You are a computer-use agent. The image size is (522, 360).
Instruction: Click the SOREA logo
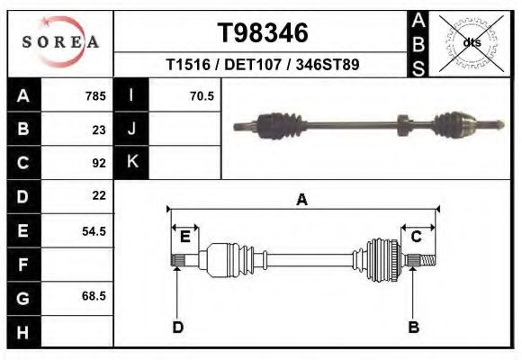pos(59,42)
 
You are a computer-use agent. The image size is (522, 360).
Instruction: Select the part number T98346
pos(263,33)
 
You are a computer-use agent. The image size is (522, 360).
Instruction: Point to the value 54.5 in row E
pos(94,231)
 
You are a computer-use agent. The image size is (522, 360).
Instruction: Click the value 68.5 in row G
pos(94,296)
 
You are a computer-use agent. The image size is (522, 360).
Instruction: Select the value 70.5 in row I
pos(202,96)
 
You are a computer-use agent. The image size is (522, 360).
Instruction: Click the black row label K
pos(132,163)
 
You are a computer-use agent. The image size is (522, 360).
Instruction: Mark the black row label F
pos(22,265)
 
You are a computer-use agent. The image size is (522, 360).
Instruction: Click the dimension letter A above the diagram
pos(302,200)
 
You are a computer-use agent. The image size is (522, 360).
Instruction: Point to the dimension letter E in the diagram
pos(185,237)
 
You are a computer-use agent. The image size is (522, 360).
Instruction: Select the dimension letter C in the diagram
pos(417,237)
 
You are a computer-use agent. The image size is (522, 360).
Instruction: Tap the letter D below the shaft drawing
pos(178,327)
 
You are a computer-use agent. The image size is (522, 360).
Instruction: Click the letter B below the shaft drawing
pos(414,327)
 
